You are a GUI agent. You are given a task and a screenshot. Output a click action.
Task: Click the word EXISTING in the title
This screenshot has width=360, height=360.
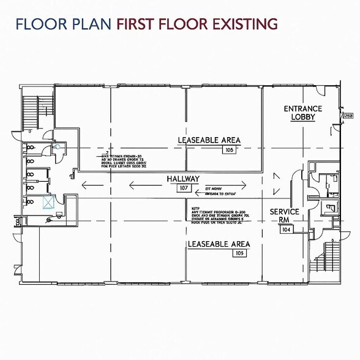[x=241, y=24]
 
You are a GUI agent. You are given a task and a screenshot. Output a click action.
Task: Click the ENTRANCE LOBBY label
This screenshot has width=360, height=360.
[x=302, y=113]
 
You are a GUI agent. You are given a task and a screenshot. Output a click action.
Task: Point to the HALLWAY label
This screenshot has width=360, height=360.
[x=183, y=179]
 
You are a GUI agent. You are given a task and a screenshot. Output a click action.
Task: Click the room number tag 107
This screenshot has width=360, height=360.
[x=183, y=188]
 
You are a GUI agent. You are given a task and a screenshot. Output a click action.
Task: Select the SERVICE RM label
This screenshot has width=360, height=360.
[x=285, y=216]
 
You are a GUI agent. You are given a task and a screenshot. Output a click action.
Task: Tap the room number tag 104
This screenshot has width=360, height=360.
[x=285, y=229]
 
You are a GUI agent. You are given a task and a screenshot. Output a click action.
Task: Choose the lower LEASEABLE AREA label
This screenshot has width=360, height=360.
[x=218, y=244]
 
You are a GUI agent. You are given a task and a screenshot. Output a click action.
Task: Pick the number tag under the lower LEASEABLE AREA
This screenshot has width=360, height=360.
[x=239, y=253]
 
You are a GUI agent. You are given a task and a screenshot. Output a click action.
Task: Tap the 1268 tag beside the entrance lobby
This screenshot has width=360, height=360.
[x=348, y=115]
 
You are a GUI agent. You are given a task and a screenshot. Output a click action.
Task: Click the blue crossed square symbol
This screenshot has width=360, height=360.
[x=48, y=203]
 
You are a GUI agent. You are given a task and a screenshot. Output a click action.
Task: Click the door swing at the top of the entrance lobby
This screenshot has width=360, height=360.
[x=320, y=92]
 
